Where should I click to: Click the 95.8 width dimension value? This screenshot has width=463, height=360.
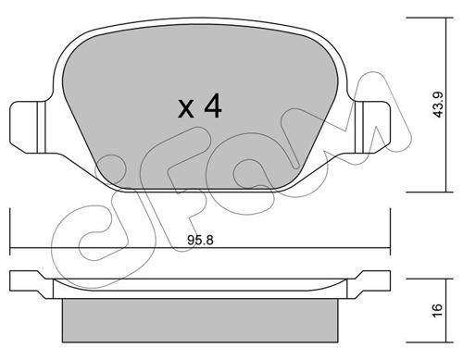(200, 240)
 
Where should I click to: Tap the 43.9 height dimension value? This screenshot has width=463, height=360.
(438, 105)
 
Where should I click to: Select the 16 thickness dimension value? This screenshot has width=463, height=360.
(438, 309)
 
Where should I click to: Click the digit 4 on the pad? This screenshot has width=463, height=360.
(213, 106)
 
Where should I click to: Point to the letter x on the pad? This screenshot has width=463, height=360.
(186, 108)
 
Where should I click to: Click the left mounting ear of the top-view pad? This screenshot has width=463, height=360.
(28, 127)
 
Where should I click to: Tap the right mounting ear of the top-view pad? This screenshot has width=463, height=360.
(372, 127)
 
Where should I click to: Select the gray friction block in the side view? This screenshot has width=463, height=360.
(200, 320)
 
